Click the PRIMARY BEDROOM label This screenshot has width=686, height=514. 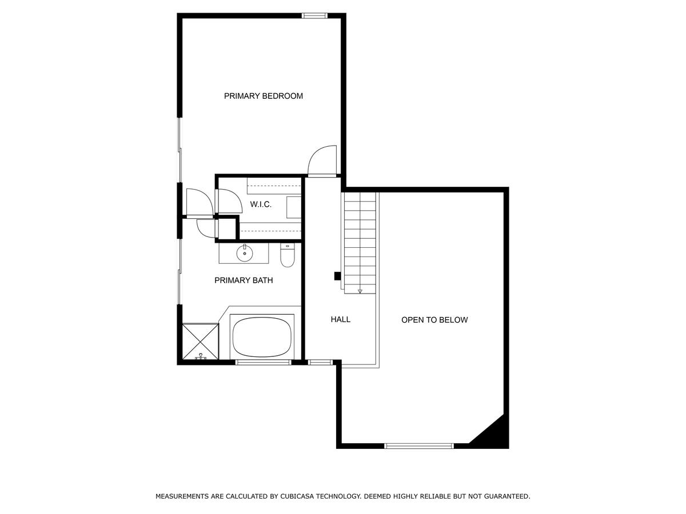(263, 96)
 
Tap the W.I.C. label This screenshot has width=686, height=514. (260, 204)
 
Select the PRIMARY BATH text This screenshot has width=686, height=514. (244, 280)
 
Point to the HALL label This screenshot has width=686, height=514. (340, 319)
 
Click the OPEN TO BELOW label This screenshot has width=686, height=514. (434, 320)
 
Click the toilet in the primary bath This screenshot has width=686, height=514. (287, 255)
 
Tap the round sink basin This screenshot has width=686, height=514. (245, 253)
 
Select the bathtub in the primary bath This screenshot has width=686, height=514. (262, 337)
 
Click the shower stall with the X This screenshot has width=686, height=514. (200, 342)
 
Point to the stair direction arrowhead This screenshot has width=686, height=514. (360, 291)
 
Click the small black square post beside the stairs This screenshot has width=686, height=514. (337, 276)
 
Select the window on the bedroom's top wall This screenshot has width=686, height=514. (314, 15)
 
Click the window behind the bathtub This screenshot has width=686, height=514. (263, 362)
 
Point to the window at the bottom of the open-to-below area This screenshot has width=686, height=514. (419, 446)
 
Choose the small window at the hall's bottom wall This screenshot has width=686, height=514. (320, 362)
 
